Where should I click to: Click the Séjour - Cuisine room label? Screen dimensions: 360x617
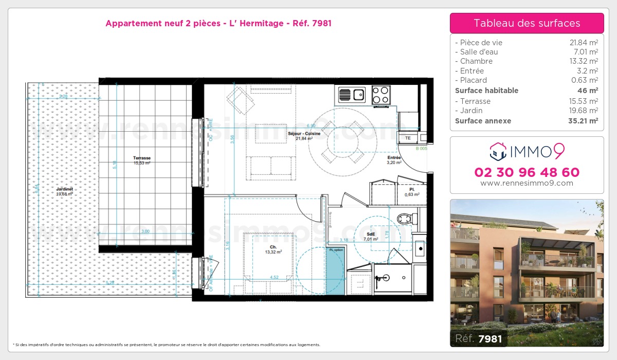pos(307,134)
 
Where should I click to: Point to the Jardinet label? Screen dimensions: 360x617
pos(65,189)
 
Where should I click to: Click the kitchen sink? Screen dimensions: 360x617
pos(351,95)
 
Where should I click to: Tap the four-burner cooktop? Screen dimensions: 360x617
pos(380,95)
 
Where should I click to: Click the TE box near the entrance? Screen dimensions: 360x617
pos(408,138)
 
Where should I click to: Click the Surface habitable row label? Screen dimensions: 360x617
pos(486,91)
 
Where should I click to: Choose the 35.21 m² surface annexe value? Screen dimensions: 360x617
pos(583,121)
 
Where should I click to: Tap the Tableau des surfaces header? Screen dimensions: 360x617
pos(527,23)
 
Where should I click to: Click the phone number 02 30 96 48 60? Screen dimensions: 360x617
pos(527,172)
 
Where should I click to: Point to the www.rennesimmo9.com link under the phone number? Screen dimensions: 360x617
pos(527,183)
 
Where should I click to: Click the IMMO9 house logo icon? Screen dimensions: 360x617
pos(497,151)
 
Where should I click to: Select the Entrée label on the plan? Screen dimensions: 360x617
pos(394,158)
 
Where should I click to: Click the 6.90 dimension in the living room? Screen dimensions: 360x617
pos(311,125)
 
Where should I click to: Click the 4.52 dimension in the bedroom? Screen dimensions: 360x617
pos(275,278)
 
